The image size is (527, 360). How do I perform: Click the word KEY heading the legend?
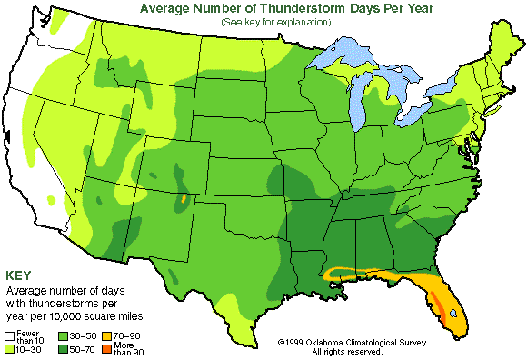pyautogui.click(x=23, y=275)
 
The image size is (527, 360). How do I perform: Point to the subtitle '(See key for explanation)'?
pyautogui.click(x=273, y=22)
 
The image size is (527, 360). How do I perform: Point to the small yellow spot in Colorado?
pyautogui.click(x=184, y=197)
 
